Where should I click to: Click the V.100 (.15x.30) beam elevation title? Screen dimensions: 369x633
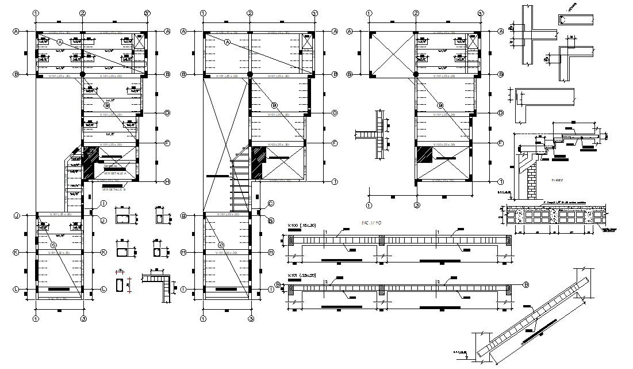coord(302,225)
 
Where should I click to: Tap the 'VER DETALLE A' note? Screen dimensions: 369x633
coord(113,173)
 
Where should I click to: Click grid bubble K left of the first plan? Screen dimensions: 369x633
coord(17,252)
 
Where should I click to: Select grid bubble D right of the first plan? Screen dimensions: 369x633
coord(167,113)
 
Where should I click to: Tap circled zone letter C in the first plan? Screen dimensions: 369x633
coord(53,245)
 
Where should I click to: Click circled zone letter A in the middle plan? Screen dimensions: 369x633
coord(227,43)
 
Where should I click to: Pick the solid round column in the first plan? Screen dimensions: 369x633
coord(83,74)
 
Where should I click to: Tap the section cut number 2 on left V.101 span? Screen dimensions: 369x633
coord(325,282)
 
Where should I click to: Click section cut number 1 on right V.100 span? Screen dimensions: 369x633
coord(438,232)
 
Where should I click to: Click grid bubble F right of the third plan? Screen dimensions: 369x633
coord(500,143)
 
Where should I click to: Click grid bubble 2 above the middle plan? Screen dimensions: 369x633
coord(250,13)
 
